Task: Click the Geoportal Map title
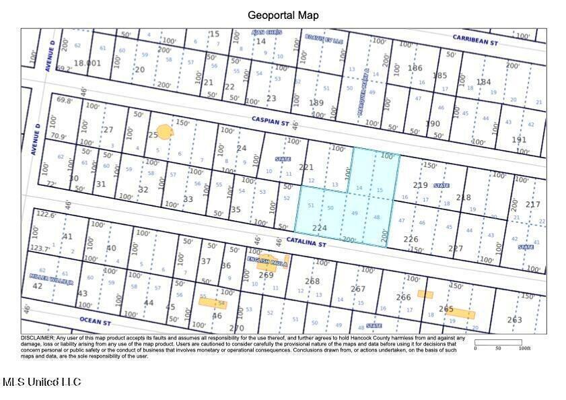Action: pos(283,15)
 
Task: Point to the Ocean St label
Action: pos(95,321)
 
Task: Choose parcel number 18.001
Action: pos(87,63)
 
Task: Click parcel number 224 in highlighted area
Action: pos(319,228)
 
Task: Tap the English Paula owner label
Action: pos(267,261)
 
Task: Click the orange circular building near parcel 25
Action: pos(164,132)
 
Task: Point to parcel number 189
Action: pos(316,103)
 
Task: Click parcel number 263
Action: pos(514,320)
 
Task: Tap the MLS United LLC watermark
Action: pos(42,382)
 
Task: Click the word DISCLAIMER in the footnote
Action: pos(37,337)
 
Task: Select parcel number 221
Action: pos(306,166)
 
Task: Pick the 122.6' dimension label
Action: pos(45,214)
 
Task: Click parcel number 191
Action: pos(519,139)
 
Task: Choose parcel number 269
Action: pos(266,275)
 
